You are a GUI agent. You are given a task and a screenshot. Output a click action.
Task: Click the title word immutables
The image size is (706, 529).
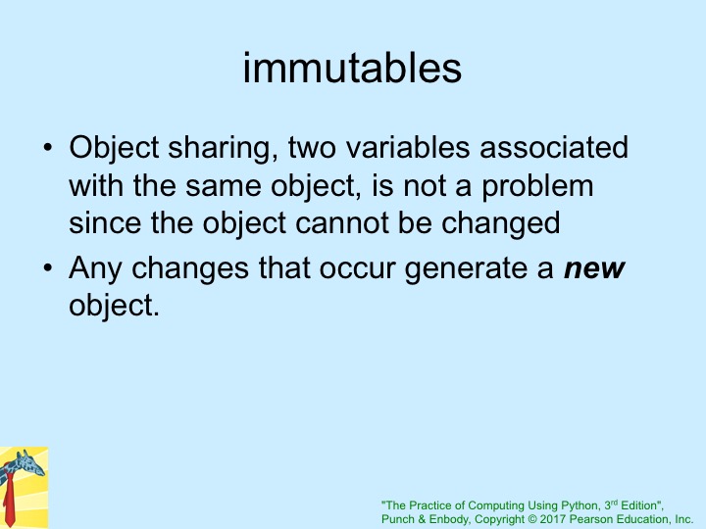(352, 69)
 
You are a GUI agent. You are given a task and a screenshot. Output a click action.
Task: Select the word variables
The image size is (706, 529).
(408, 148)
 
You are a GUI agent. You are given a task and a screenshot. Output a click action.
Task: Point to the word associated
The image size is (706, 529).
(554, 148)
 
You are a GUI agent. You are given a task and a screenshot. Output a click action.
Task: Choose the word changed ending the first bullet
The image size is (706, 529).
(501, 224)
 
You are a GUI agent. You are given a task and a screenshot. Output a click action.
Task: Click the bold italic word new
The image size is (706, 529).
(594, 269)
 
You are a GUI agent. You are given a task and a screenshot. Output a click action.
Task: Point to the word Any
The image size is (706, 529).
(95, 270)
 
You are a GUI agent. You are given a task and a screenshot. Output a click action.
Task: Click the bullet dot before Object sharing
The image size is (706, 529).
(48, 148)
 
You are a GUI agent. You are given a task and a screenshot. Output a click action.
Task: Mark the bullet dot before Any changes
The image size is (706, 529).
(48, 268)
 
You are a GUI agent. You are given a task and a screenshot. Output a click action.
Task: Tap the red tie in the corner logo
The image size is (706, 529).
(9, 500)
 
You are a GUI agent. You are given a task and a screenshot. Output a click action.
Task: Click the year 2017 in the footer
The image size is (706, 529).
(552, 519)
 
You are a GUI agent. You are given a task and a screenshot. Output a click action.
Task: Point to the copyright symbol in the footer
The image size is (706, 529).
(532, 519)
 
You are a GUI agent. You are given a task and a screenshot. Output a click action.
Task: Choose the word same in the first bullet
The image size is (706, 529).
(223, 187)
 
